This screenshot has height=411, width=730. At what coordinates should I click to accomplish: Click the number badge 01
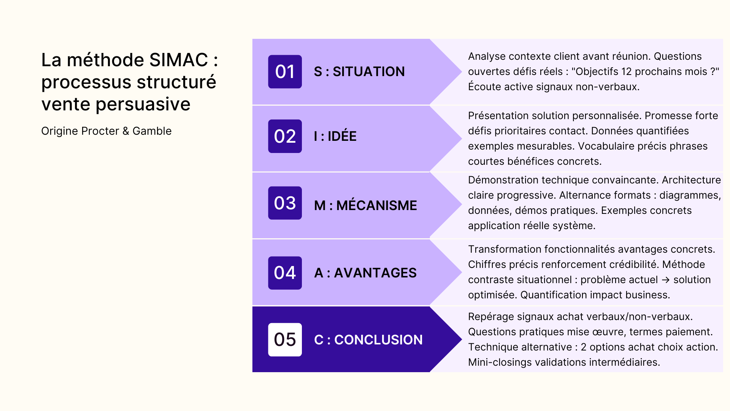285,72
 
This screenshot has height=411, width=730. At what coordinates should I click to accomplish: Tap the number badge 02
285,136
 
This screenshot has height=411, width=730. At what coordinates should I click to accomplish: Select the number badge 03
285,203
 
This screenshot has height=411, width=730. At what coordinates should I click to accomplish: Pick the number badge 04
285,273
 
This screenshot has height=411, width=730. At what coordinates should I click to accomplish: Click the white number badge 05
285,339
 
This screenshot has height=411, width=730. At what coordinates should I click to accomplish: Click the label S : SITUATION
359,72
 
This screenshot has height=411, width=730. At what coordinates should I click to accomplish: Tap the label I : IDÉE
335,136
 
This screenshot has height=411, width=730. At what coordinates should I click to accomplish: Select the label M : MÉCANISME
365,205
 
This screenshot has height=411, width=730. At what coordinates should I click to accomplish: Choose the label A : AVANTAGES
365,273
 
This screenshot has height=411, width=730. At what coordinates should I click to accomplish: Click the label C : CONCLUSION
368,340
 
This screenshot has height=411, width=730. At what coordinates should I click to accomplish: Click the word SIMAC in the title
179,60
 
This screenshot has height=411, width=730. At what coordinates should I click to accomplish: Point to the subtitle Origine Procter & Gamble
106,131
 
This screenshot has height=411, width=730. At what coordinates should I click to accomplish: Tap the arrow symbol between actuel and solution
665,280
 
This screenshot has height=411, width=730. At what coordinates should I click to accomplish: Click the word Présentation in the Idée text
498,116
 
